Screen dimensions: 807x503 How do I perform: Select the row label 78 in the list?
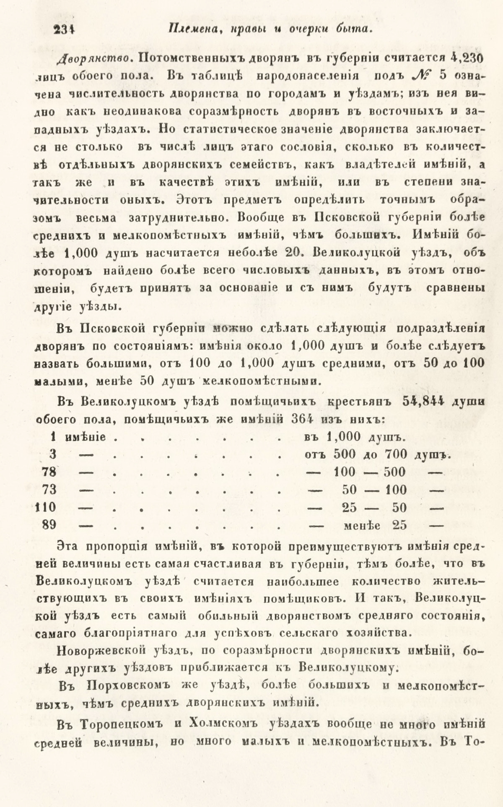coord(52,472)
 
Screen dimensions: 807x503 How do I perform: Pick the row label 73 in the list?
coord(52,490)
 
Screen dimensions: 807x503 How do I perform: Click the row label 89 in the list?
coord(52,525)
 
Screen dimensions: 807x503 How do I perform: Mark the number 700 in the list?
coord(396,454)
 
